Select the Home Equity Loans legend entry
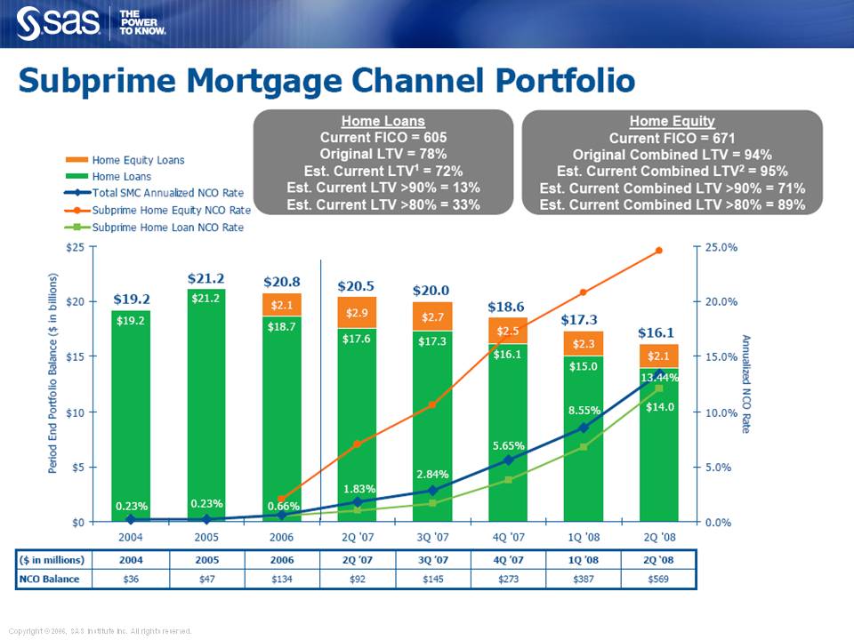pyautogui.click(x=138, y=160)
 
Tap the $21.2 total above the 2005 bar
pyautogui.click(x=205, y=279)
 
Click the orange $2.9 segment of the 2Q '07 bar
pyautogui.click(x=357, y=313)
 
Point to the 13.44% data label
pyautogui.click(x=660, y=378)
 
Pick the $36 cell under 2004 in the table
pyautogui.click(x=131, y=580)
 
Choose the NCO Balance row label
pyautogui.click(x=51, y=580)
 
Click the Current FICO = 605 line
pyautogui.click(x=383, y=138)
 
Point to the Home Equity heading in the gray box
pyautogui.click(x=672, y=121)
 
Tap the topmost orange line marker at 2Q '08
pyautogui.click(x=659, y=251)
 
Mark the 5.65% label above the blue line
pyautogui.click(x=509, y=444)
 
